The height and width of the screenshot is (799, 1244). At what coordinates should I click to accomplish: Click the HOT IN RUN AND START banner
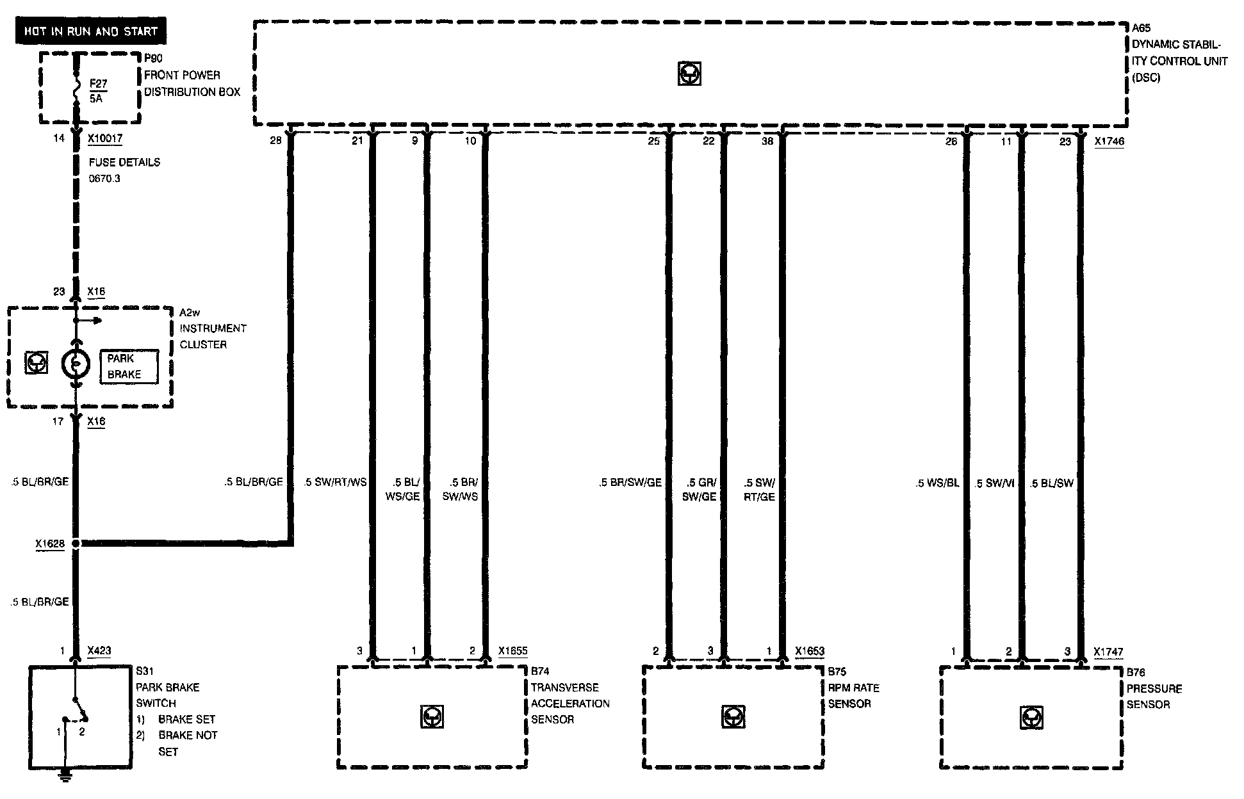[x=90, y=31]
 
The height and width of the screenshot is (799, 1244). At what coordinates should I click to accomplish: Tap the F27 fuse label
[x=98, y=83]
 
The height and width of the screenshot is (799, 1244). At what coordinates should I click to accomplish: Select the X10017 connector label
[x=105, y=138]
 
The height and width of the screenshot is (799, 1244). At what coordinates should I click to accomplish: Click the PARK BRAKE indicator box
[x=129, y=367]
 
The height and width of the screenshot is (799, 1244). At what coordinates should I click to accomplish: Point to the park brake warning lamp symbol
[x=76, y=364]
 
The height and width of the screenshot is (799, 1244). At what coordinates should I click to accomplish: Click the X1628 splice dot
[x=76, y=544]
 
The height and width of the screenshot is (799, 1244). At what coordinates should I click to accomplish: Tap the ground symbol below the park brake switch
[x=65, y=777]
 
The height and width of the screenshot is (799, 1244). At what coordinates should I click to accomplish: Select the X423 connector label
[x=99, y=650]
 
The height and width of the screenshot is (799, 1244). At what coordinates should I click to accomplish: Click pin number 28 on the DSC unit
[x=275, y=141]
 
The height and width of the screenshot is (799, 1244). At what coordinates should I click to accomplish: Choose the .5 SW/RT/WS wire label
[x=335, y=482]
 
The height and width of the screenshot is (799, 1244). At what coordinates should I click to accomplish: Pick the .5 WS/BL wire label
[x=937, y=483]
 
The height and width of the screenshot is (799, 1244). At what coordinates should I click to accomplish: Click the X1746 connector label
[x=1109, y=141]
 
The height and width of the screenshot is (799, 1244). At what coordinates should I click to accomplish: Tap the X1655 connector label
[x=512, y=651]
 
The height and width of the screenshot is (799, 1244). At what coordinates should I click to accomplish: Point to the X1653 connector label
[x=810, y=651]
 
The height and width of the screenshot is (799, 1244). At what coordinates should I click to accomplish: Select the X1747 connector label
[x=1109, y=652]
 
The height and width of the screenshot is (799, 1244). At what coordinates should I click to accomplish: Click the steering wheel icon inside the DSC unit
[x=689, y=74]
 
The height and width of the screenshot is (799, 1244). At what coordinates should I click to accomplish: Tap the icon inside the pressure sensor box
[x=1031, y=718]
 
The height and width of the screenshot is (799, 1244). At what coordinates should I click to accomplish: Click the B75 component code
[x=837, y=672]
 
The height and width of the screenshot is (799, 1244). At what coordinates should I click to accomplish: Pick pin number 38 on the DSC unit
[x=767, y=141]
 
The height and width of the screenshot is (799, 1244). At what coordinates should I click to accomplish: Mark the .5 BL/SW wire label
[x=1051, y=483]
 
